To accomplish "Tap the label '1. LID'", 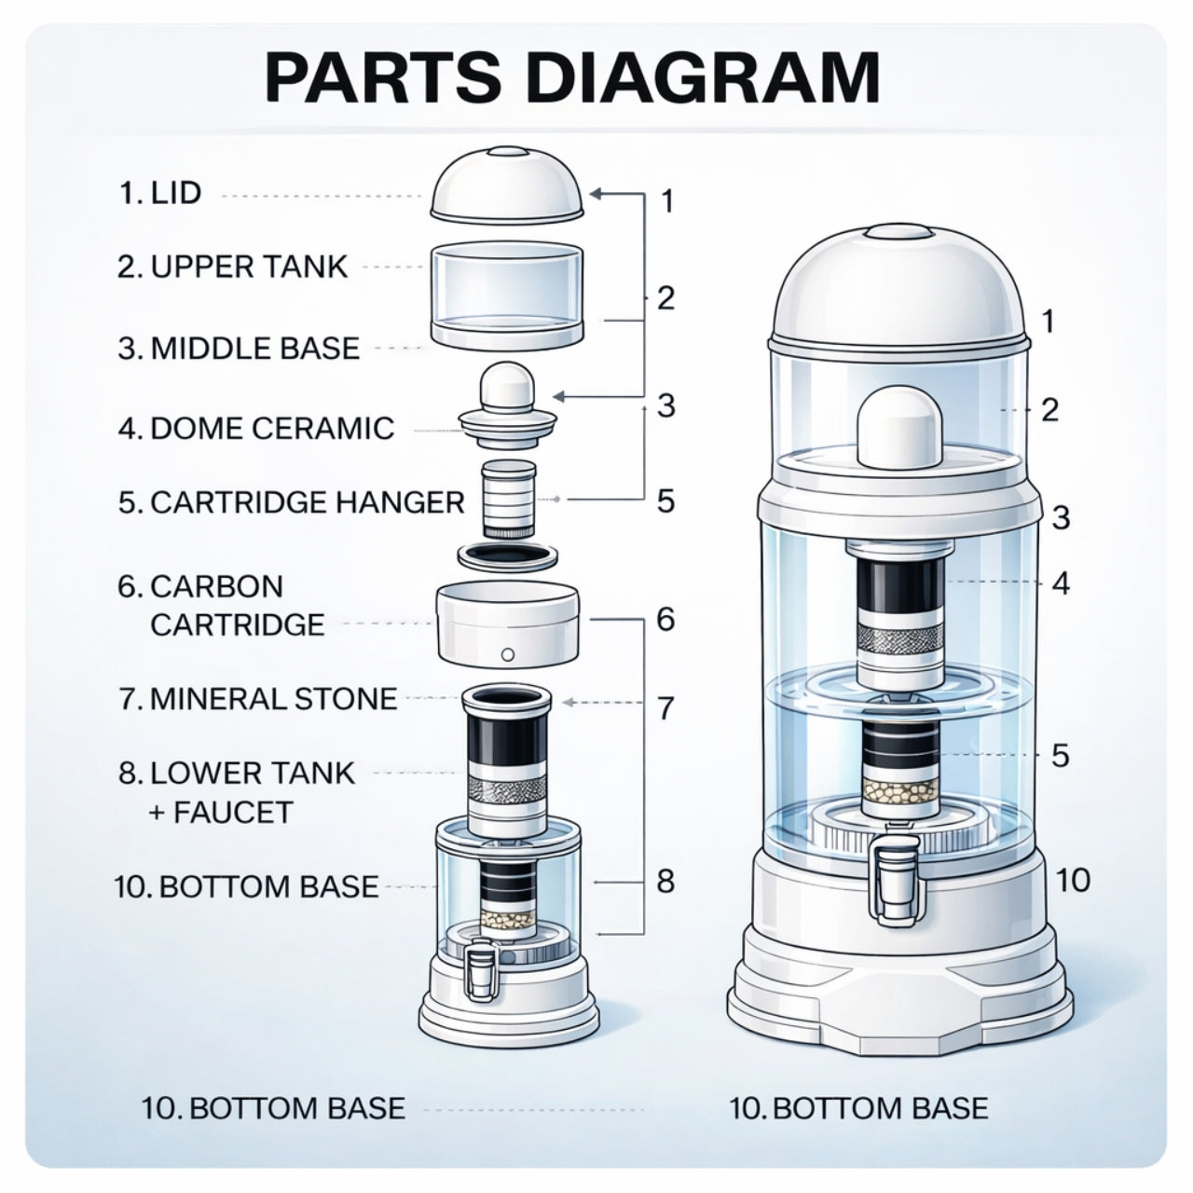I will coord(160,194).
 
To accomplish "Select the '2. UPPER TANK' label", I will coord(232,267).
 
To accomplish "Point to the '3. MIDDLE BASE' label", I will coord(239,348).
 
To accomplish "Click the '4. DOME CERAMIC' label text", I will coord(256,428).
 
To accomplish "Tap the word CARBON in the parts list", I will coord(217,586).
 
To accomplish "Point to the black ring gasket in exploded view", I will coord(508,556).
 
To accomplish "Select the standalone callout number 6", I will coord(665,619).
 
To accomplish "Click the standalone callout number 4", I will coord(1060,584).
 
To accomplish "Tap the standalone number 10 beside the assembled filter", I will coord(1073,879).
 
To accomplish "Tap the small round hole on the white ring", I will coord(508,653).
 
